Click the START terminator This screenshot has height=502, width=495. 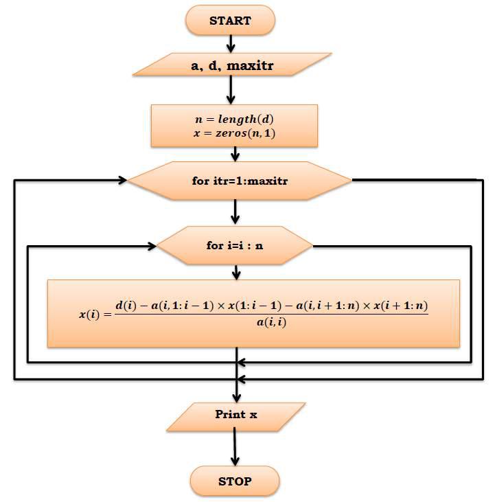pyautogui.click(x=230, y=21)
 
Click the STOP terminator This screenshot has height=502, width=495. pyautogui.click(x=235, y=481)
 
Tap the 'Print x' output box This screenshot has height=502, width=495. pyautogui.click(x=235, y=415)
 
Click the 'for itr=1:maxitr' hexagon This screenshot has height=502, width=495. pyautogui.click(x=240, y=181)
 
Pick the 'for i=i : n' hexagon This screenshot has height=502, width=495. pyautogui.click(x=235, y=245)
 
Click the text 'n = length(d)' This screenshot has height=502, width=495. pyautogui.click(x=234, y=119)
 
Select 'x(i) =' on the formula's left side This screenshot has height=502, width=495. pyautogui.click(x=94, y=314)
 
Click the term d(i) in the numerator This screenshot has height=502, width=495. pyautogui.click(x=126, y=304)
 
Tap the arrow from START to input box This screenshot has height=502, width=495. pyautogui.click(x=231, y=43)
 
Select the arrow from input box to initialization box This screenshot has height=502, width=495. pyautogui.click(x=231, y=91)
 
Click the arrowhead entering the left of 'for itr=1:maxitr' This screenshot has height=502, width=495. pyautogui.click(x=122, y=181)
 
